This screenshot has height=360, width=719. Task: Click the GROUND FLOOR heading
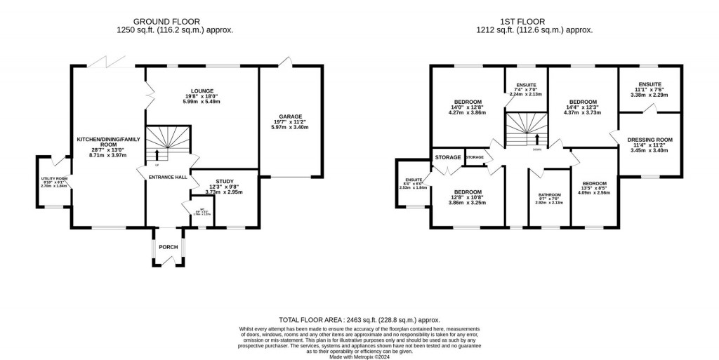pyautogui.click(x=175, y=22)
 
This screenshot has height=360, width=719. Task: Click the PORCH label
pyautogui.click(x=169, y=246)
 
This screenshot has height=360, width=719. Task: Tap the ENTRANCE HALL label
pyautogui.click(x=166, y=178)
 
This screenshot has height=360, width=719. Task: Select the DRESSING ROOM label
pyautogui.click(x=649, y=140)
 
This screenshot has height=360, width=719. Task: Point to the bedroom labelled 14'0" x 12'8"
pyautogui.click(x=468, y=102)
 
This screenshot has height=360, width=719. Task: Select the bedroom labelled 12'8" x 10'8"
pyautogui.click(x=467, y=192)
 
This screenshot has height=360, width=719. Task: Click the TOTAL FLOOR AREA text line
pyautogui.click(x=359, y=319)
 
